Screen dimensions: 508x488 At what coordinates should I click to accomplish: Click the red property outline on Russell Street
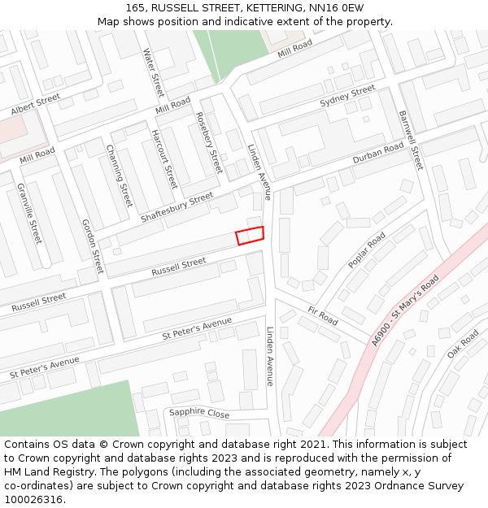pyautogui.click(x=250, y=236)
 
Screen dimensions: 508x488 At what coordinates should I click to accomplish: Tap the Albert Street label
pyautogui.click(x=36, y=104)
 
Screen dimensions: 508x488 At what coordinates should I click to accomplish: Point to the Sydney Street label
pyautogui.click(x=347, y=96)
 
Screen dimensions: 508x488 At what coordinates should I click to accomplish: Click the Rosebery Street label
pyautogui.click(x=210, y=142)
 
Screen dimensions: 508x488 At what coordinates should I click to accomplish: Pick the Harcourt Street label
pyautogui.click(x=164, y=158)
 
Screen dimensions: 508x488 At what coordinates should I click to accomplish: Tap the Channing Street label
pyautogui.click(x=119, y=176)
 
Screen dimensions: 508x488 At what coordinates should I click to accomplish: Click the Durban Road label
pyautogui.click(x=378, y=154)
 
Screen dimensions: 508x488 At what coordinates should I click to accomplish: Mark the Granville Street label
pyautogui.click(x=29, y=214)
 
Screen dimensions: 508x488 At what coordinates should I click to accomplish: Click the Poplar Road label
pyautogui.click(x=367, y=251)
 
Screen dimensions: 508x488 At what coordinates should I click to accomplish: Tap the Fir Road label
pyautogui.click(x=323, y=315)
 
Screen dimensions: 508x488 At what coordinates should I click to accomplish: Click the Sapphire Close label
pyautogui.click(x=199, y=413)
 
